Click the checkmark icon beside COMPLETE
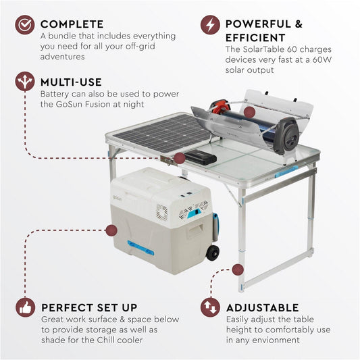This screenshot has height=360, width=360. pos(25,25)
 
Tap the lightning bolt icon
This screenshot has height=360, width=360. pos(210,25)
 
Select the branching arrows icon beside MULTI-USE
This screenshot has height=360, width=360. pos(25,82)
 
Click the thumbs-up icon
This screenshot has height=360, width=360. pos(25,308)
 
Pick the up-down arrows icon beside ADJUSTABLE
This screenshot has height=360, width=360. pos(210,308)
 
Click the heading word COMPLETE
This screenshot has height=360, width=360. pos(72,24)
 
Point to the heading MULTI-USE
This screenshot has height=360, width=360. pos(71,82)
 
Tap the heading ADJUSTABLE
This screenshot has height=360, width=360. pos(263,308)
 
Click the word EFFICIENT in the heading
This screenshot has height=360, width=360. pos(255,38)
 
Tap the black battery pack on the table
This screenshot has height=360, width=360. pos(201,159)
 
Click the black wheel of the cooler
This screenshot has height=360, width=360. pos(213,253)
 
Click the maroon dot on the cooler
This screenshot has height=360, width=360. pos(111,231)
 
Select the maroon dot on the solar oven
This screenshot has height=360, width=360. pos(249,112)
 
